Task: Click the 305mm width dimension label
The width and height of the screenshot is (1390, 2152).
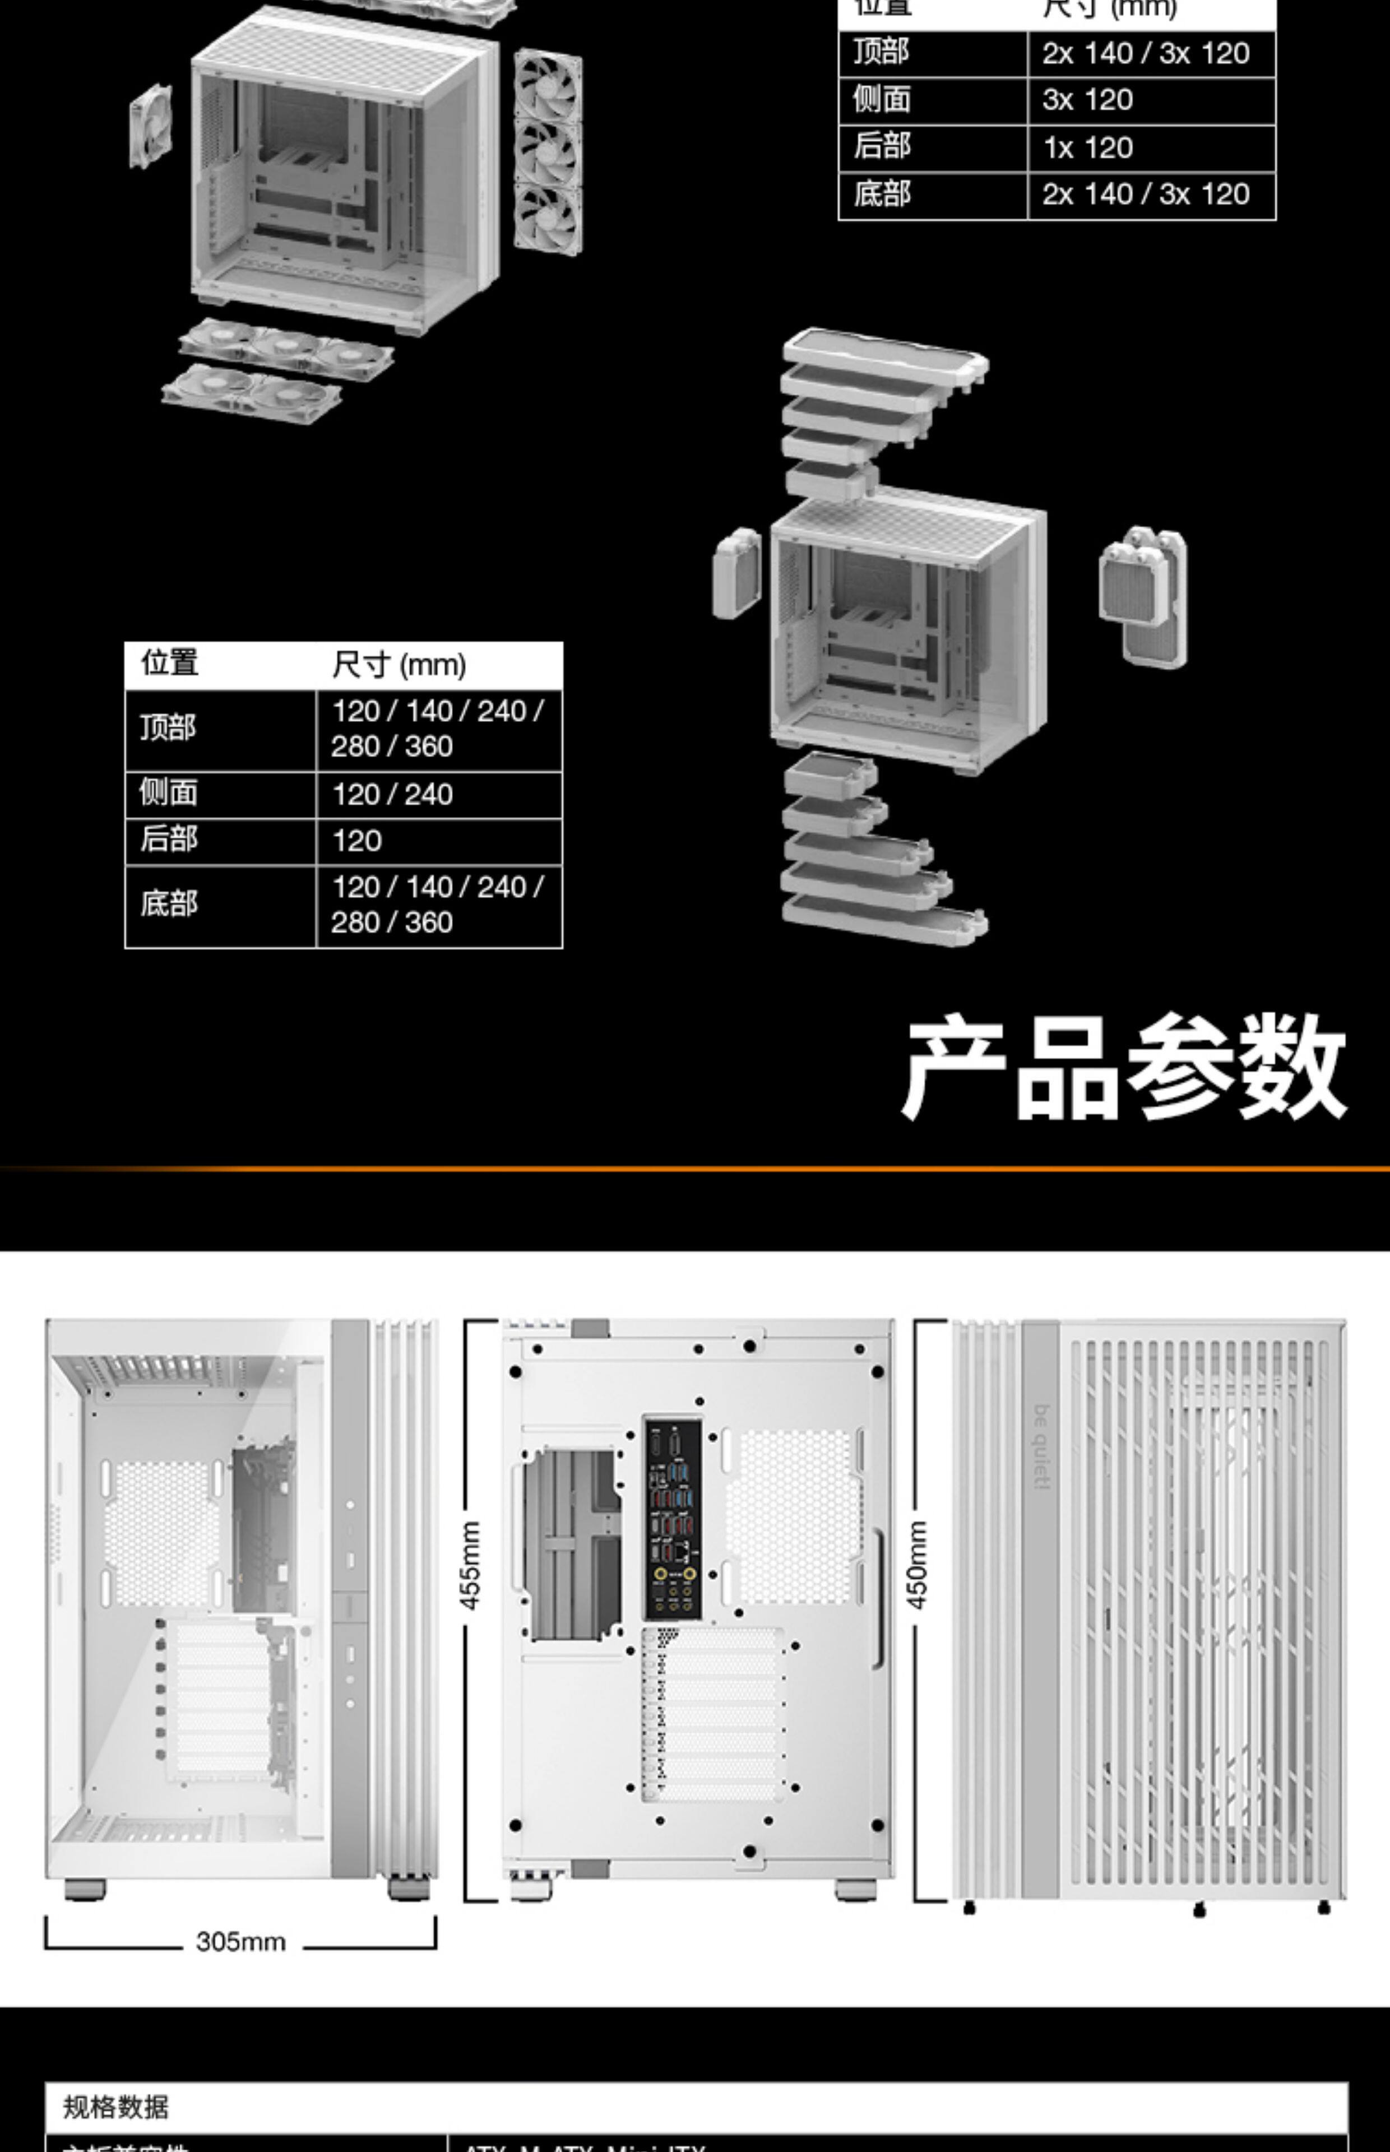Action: (x=241, y=1941)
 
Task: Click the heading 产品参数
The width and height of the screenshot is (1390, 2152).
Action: (x=1124, y=1068)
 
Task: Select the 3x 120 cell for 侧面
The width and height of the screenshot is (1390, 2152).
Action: (x=1088, y=100)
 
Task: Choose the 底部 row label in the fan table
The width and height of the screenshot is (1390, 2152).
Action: (x=882, y=194)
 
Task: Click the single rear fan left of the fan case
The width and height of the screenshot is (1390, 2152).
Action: (x=151, y=126)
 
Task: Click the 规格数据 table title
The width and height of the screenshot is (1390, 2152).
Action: (x=115, y=2108)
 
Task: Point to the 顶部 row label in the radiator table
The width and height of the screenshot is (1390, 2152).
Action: (x=168, y=728)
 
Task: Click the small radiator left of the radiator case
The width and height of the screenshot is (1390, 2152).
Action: (x=736, y=573)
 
